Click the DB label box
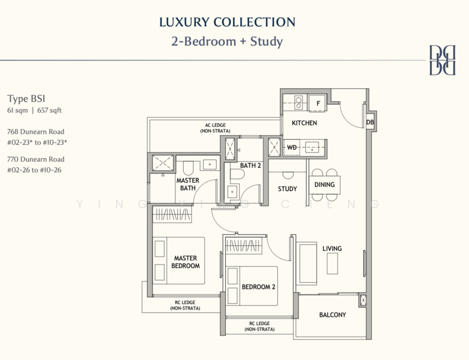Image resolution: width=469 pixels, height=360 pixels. tap(370, 122)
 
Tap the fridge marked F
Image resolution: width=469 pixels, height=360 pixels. tap(318, 103)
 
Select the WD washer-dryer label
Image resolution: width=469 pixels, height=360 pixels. tap(292, 147)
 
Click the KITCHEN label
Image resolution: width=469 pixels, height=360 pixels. tap(304, 123)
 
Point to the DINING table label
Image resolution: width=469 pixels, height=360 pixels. tap(324, 185)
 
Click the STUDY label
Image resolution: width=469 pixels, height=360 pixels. tap(287, 189)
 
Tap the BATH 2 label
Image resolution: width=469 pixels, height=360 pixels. tap(250, 166)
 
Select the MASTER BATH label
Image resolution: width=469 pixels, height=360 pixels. tap(187, 184)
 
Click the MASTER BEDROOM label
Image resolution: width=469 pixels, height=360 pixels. tap(186, 262)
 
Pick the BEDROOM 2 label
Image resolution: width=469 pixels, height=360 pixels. tap(258, 287)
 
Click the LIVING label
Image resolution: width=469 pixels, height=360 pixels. tap(332, 248)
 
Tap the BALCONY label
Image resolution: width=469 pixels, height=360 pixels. tap(332, 314)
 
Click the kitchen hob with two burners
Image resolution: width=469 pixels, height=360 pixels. tap(298, 103)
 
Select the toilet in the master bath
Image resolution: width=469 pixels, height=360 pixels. tap(188, 168)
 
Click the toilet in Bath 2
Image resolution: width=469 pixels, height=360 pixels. tap(237, 174)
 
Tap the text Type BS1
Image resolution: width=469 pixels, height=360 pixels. tap(26, 99)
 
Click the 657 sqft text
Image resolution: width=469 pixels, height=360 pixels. tap(49, 110)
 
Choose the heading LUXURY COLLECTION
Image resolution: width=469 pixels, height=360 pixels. tap(228, 22)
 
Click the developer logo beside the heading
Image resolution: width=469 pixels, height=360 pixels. tap(443, 60)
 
